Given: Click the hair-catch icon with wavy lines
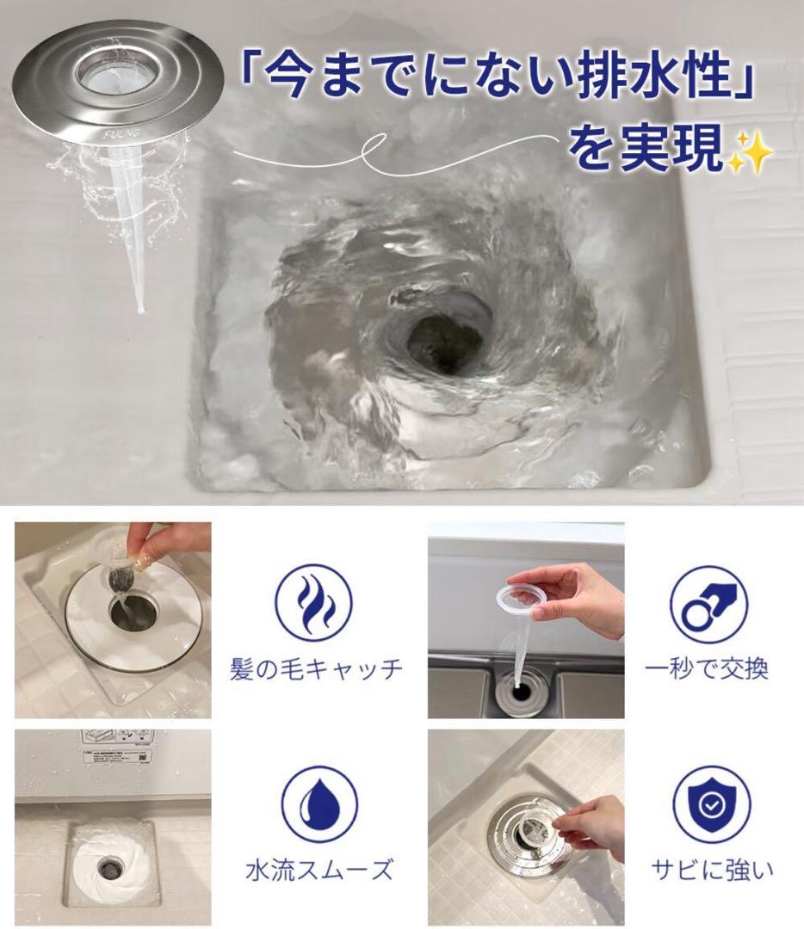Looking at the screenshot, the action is tap(316, 603).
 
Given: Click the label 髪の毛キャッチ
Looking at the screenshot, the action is tap(316, 669).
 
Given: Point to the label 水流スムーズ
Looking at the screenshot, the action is tap(319, 870).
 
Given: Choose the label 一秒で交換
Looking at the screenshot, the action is tap(706, 669).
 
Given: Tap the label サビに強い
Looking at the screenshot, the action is tap(712, 870).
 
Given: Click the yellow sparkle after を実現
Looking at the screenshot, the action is tap(750, 151).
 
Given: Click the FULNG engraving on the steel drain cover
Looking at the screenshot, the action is tap(121, 134).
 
